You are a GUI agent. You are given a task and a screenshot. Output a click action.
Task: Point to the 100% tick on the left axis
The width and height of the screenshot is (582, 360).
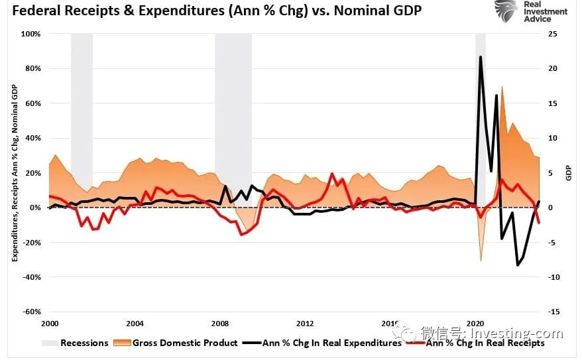(31, 34)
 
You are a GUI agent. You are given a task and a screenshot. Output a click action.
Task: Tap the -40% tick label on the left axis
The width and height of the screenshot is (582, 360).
(31, 277)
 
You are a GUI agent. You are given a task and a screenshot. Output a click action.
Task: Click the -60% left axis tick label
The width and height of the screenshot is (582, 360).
(31, 312)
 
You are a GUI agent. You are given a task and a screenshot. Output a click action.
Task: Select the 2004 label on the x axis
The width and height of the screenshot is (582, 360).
(135, 324)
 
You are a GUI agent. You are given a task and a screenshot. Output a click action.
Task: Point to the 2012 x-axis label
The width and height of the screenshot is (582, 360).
(305, 324)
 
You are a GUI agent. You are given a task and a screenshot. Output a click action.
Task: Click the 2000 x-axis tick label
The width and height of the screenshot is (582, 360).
(49, 324)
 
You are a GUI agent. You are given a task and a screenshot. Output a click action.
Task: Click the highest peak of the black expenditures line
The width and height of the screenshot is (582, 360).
(480, 57)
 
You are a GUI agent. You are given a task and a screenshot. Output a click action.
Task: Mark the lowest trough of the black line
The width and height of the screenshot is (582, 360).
(518, 265)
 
